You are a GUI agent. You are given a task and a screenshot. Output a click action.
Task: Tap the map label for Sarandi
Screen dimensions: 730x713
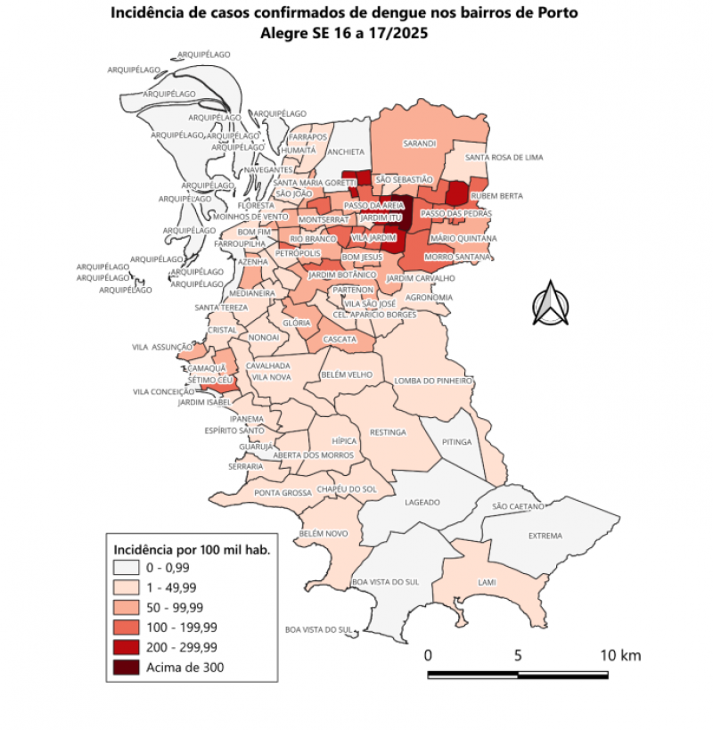[x=419, y=144]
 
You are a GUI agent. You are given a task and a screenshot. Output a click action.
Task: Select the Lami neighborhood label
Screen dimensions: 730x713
[x=487, y=582]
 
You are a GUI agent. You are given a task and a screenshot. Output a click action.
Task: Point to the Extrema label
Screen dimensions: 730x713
[x=545, y=536]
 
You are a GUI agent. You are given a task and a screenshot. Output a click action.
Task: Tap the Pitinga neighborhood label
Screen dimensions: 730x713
[x=456, y=441]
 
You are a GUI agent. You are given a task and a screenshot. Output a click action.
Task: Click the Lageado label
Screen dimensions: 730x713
[x=422, y=503]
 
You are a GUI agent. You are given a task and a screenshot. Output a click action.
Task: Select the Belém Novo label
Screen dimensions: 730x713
[x=323, y=533]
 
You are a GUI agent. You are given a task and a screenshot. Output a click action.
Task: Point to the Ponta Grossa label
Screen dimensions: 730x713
[x=283, y=493]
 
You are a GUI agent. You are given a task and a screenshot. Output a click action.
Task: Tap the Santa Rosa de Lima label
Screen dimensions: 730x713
[x=504, y=158]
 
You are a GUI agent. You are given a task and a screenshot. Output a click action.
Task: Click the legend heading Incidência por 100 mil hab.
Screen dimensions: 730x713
[x=188, y=548]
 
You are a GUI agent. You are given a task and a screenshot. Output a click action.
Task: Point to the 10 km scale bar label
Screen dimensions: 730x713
[x=619, y=655]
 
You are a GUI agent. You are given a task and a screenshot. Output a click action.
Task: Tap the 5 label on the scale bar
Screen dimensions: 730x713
[x=518, y=655]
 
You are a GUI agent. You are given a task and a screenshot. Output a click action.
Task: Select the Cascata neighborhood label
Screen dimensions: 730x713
[x=340, y=340]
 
